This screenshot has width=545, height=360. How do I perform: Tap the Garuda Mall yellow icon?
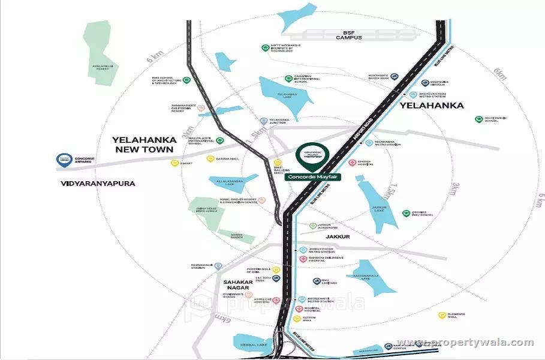[210, 159]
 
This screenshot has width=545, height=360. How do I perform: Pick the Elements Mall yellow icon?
[441, 315]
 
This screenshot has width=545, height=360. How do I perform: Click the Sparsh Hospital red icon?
[353, 163]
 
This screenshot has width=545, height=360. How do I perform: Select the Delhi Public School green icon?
[478, 119]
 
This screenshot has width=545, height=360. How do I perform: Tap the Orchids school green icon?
[407, 214]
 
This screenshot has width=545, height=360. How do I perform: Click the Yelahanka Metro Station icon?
[369, 143]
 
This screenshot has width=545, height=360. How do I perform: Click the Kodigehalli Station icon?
[218, 266]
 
